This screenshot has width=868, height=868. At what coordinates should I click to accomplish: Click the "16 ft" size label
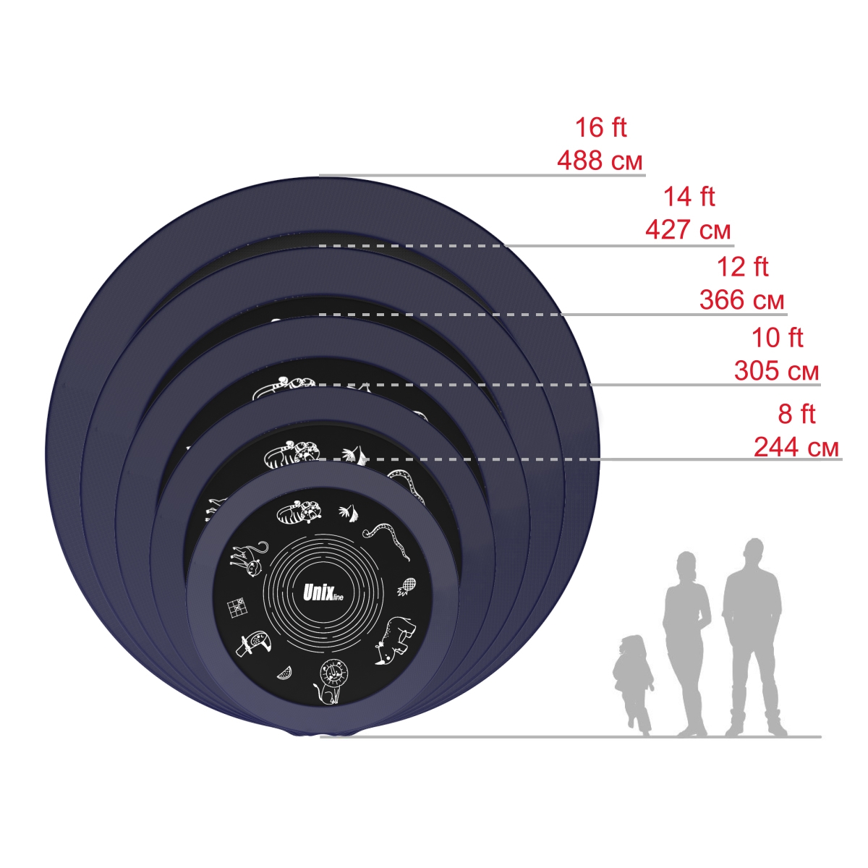[x=600, y=128]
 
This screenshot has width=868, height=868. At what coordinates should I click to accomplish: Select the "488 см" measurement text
[x=600, y=161]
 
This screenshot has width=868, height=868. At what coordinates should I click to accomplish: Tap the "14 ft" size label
[x=689, y=197]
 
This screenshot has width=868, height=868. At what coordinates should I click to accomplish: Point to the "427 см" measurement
[x=688, y=230]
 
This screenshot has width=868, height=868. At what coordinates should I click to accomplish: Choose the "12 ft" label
[x=742, y=267]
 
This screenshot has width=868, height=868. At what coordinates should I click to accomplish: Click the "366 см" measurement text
[x=741, y=300]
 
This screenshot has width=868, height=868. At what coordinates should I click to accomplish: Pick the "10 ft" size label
[x=777, y=339]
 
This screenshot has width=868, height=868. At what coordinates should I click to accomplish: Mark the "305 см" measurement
[x=776, y=372]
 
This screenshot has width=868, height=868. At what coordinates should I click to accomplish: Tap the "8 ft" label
[x=796, y=414]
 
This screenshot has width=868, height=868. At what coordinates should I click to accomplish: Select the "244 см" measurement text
[x=796, y=448]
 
